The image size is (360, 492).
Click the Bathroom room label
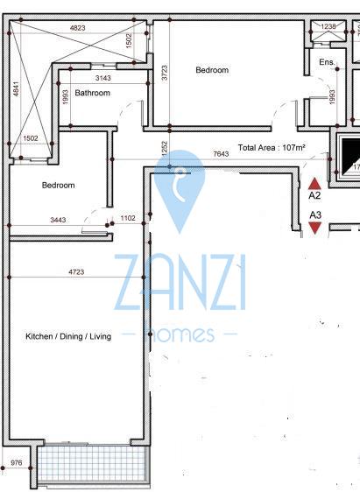pos(92,93)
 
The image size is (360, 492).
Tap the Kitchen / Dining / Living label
pos(68,336)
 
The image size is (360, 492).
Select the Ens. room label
pos(327,62)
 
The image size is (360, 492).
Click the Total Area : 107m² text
pos(272,147)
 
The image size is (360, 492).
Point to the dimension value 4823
pos(78,28)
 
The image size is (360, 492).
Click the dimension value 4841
pos(16,88)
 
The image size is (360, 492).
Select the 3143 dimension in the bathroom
pos(103,78)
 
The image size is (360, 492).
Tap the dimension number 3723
pos(165,73)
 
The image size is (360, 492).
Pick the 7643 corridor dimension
pos(221,154)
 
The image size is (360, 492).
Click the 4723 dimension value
pos(76,271)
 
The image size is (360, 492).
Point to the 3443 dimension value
pos(58,220)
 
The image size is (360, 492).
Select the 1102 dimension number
pos(128,218)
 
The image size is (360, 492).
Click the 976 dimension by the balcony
pos(17,462)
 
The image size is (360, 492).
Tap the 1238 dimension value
pos(328,26)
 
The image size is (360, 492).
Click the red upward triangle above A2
pos(314,184)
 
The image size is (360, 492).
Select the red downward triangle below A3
pos(314,228)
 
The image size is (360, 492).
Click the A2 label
pos(314,195)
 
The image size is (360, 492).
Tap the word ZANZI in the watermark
pos(180,283)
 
